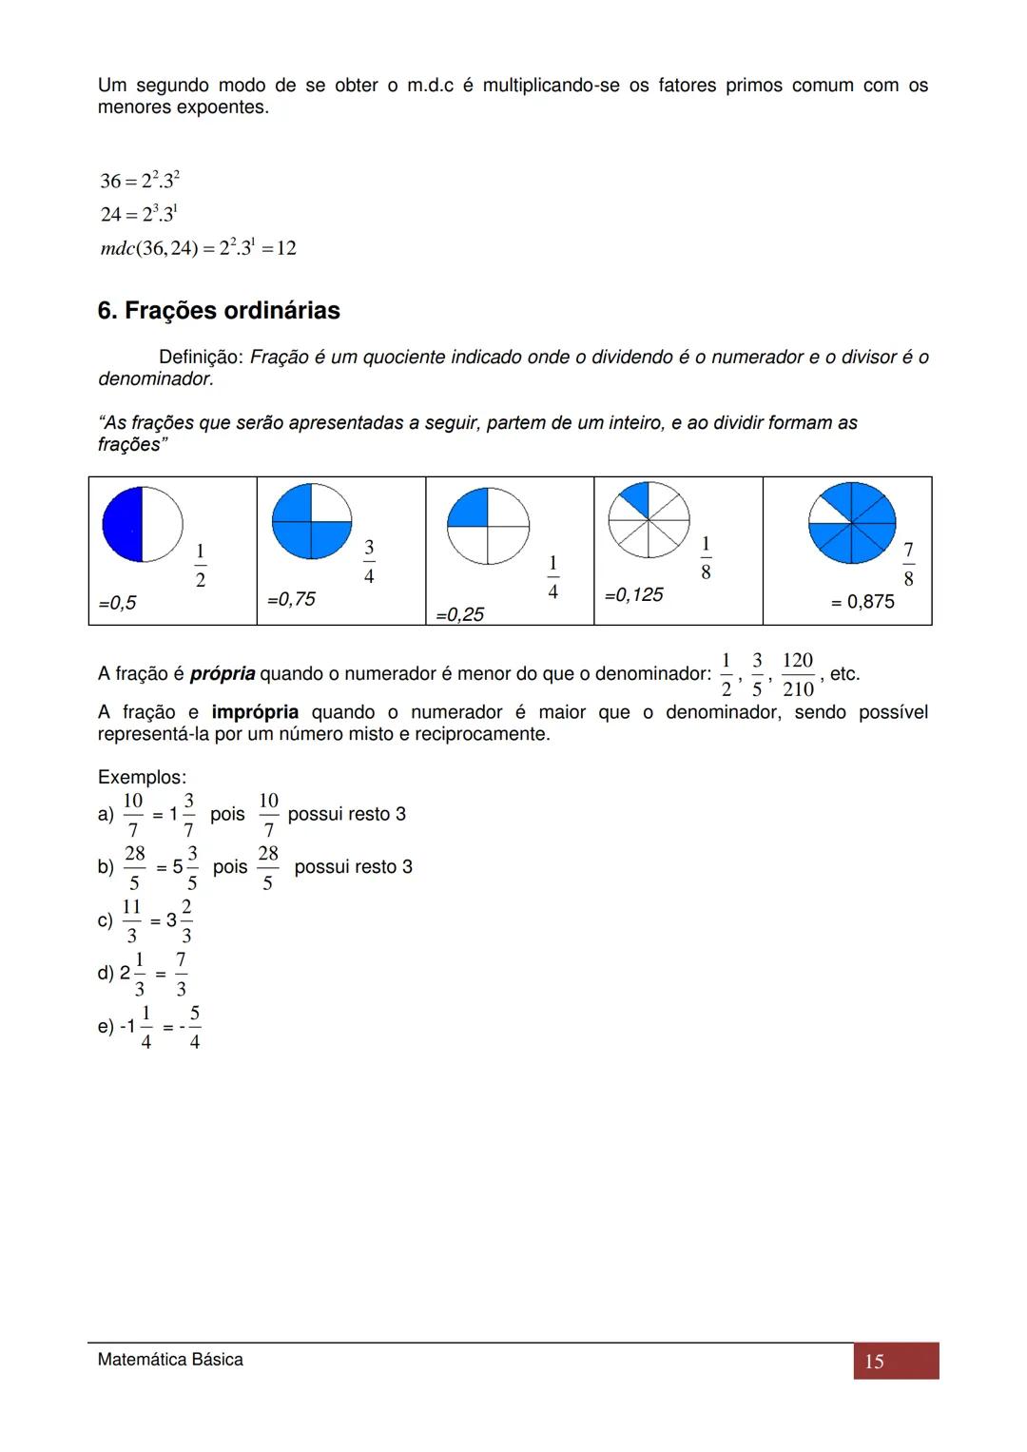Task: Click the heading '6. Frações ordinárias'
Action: click(219, 311)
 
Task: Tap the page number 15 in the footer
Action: click(874, 1362)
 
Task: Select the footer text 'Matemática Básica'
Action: click(170, 1360)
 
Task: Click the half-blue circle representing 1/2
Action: click(143, 524)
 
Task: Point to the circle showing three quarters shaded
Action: click(312, 521)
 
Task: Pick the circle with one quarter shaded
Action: click(488, 526)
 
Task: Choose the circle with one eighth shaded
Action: click(649, 519)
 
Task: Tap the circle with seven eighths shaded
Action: click(852, 523)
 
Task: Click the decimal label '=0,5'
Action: click(117, 603)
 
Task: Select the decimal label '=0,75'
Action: click(291, 599)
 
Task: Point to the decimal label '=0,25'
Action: click(459, 615)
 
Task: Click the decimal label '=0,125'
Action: click(633, 595)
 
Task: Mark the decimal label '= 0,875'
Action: click(862, 602)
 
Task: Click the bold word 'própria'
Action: click(223, 674)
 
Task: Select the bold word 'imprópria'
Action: click(255, 712)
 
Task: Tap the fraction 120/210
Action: click(798, 674)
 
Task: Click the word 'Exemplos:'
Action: click(143, 777)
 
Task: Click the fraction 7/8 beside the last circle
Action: click(908, 564)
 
